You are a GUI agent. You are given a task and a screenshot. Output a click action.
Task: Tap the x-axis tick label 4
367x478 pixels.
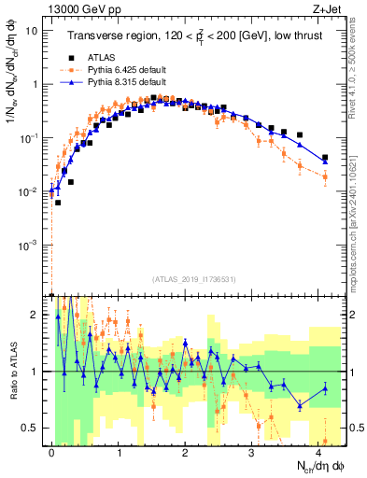[319, 450]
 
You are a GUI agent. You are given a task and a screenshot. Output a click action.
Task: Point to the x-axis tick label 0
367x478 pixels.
[51, 450]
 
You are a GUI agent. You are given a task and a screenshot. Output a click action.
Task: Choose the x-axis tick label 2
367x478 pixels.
[185, 450]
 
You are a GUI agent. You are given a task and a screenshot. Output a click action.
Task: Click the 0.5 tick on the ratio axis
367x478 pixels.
[33, 428]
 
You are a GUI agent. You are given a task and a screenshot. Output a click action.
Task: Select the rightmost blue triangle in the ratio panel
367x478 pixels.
[325, 388]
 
